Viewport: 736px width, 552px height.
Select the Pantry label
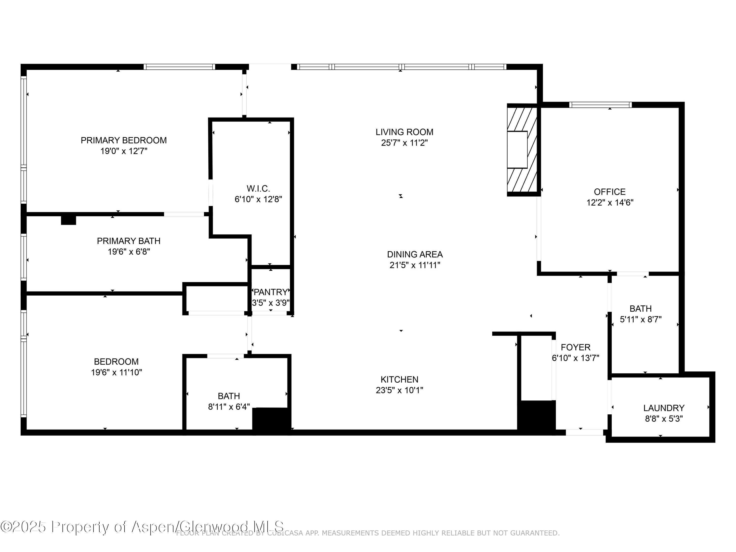271,292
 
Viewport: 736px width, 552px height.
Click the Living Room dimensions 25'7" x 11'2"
404,143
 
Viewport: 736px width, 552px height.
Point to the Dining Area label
415,255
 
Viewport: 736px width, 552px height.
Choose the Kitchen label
399,379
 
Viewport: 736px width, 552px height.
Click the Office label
610,192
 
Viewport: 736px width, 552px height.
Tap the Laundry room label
663,408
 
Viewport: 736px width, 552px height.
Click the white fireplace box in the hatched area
517,149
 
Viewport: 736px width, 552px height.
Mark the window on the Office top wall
600,105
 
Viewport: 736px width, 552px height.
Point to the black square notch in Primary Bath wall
68,220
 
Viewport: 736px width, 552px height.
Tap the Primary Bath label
129,241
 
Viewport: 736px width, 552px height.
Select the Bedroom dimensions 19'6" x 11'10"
117,373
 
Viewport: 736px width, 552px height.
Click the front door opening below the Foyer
584,433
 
